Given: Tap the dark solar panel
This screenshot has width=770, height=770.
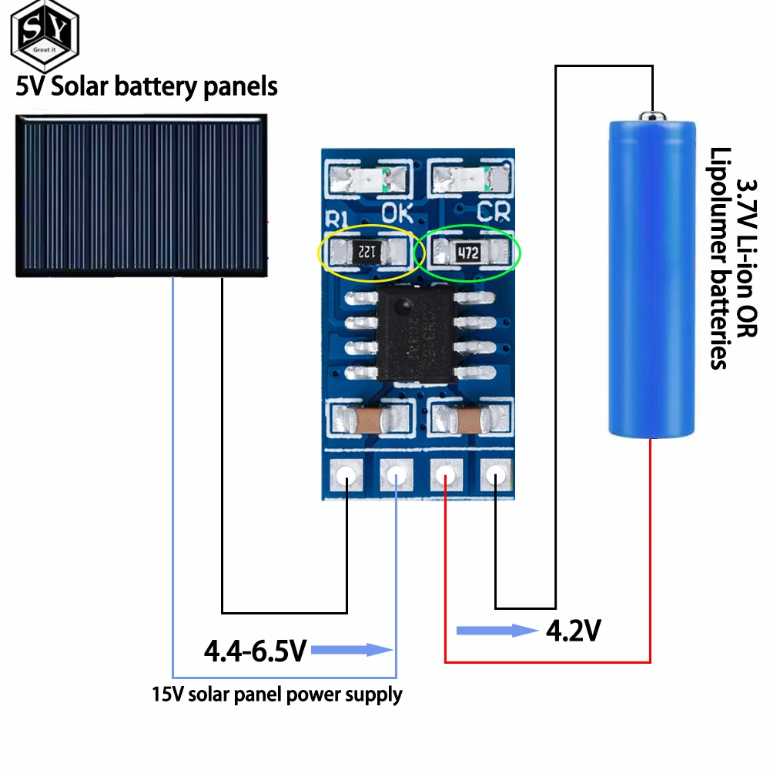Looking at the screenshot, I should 141,195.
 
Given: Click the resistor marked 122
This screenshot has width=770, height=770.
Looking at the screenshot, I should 367,250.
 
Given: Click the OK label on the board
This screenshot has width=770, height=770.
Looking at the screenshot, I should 399,211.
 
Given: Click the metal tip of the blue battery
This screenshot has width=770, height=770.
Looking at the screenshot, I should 652,115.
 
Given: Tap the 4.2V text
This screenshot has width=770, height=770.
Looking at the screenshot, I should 573,631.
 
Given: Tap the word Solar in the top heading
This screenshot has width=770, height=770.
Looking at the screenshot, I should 81,86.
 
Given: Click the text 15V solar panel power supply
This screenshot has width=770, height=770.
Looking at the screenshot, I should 277,695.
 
